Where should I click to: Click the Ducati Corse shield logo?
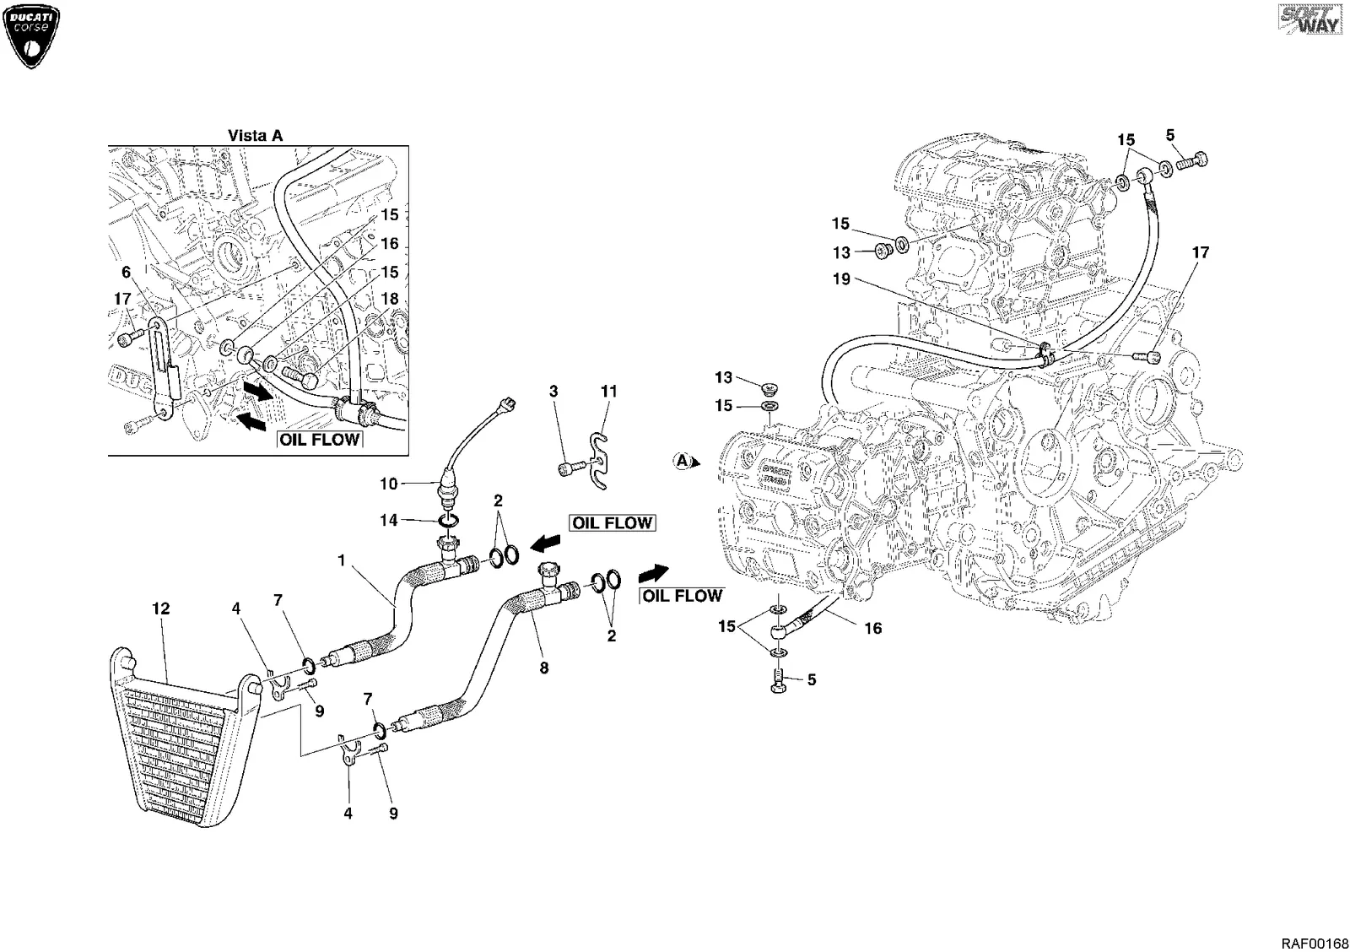coord(32,36)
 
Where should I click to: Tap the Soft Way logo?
coord(1309,19)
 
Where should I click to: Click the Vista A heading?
coord(255,136)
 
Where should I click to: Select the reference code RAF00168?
coord(1314,943)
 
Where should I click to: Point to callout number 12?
coord(161,609)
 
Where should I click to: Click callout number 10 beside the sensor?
coord(389,484)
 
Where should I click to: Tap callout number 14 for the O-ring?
coord(389,520)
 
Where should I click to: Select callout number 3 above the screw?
coord(553,392)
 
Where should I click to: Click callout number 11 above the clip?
coord(608,392)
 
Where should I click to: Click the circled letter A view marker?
coord(682,461)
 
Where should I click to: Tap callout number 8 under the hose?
coord(543,668)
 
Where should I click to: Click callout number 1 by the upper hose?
coord(341,560)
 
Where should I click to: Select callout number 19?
coord(841,279)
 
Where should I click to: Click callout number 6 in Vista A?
coord(126,273)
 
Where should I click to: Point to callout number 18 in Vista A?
coord(390,299)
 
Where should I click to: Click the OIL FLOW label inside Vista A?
coord(320,440)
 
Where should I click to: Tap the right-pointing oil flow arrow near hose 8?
coord(653,572)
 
